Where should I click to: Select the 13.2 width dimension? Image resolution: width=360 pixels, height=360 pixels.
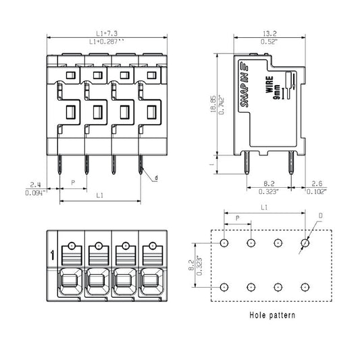269,32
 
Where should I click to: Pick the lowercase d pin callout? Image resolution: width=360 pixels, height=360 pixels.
156,178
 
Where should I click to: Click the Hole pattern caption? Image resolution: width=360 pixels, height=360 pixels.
272,315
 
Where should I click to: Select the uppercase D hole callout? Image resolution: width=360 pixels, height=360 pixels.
320,216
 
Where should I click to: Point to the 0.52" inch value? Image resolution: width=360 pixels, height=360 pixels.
269,42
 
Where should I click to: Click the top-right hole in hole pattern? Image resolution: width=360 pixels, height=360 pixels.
306,242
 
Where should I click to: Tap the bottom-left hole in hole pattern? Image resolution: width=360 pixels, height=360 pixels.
224,286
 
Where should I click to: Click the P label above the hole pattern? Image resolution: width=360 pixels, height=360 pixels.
237,217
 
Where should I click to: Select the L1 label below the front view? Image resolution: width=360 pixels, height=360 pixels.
99,195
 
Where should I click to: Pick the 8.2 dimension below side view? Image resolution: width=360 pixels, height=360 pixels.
268,184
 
